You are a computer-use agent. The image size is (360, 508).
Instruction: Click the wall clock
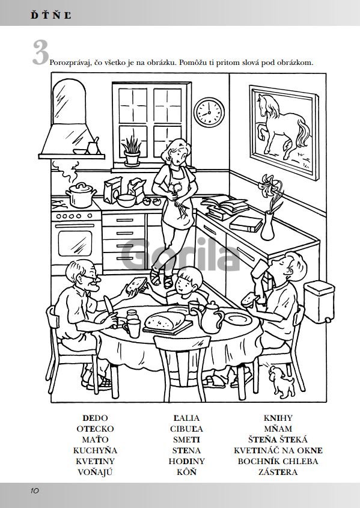(x=209, y=112)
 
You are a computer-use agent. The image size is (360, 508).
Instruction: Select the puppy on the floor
(x=282, y=382)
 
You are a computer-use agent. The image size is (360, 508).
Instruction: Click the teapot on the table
(x=210, y=317)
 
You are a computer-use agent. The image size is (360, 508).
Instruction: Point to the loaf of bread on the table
(x=164, y=321)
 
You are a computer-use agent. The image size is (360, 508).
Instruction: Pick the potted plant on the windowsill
(x=132, y=151)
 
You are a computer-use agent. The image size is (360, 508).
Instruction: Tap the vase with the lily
(x=267, y=226)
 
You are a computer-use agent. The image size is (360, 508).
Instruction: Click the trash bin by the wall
(x=319, y=302)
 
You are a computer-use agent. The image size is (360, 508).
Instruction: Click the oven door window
(x=75, y=243)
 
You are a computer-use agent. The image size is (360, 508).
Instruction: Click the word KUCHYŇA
(x=95, y=450)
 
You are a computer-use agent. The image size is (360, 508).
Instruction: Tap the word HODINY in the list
(x=186, y=461)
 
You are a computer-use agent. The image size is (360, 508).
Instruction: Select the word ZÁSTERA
(x=278, y=472)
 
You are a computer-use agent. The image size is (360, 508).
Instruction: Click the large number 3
(x=40, y=52)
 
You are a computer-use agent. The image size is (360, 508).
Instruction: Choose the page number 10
(x=35, y=491)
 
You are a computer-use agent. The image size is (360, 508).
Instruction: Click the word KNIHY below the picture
(x=278, y=418)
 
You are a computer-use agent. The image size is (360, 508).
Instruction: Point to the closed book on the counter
(x=246, y=224)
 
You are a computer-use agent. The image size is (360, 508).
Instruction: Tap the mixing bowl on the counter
(x=126, y=201)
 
